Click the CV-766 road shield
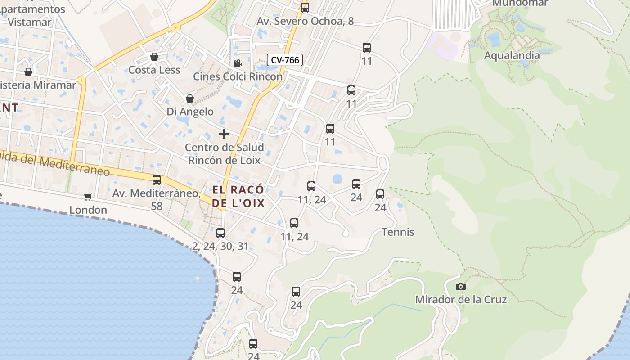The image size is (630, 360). pyautogui.click(x=285, y=60)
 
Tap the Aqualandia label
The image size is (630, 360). pyautogui.click(x=512, y=55)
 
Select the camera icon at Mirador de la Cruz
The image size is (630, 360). pyautogui.click(x=460, y=286)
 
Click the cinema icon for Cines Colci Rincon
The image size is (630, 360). pyautogui.click(x=238, y=63)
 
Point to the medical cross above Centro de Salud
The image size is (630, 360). pyautogui.click(x=224, y=134)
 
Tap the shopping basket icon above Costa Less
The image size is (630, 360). pyautogui.click(x=154, y=57)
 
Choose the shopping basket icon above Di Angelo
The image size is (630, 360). pyautogui.click(x=190, y=99)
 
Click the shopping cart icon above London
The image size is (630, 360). pyautogui.click(x=88, y=197)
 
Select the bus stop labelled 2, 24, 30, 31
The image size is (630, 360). pyautogui.click(x=220, y=233)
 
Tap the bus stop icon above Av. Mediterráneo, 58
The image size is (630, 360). pyautogui.click(x=157, y=180)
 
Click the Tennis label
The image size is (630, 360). pyautogui.click(x=398, y=232)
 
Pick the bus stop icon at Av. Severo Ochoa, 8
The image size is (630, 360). pyautogui.click(x=305, y=8)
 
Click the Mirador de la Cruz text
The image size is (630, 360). pyautogui.click(x=461, y=300)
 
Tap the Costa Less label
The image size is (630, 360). pyautogui.click(x=154, y=70)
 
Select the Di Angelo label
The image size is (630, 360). pyautogui.click(x=190, y=112)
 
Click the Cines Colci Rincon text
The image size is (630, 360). pyautogui.click(x=238, y=76)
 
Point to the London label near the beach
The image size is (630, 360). pyautogui.click(x=88, y=210)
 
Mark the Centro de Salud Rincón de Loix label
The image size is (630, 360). pyautogui.click(x=224, y=154)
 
